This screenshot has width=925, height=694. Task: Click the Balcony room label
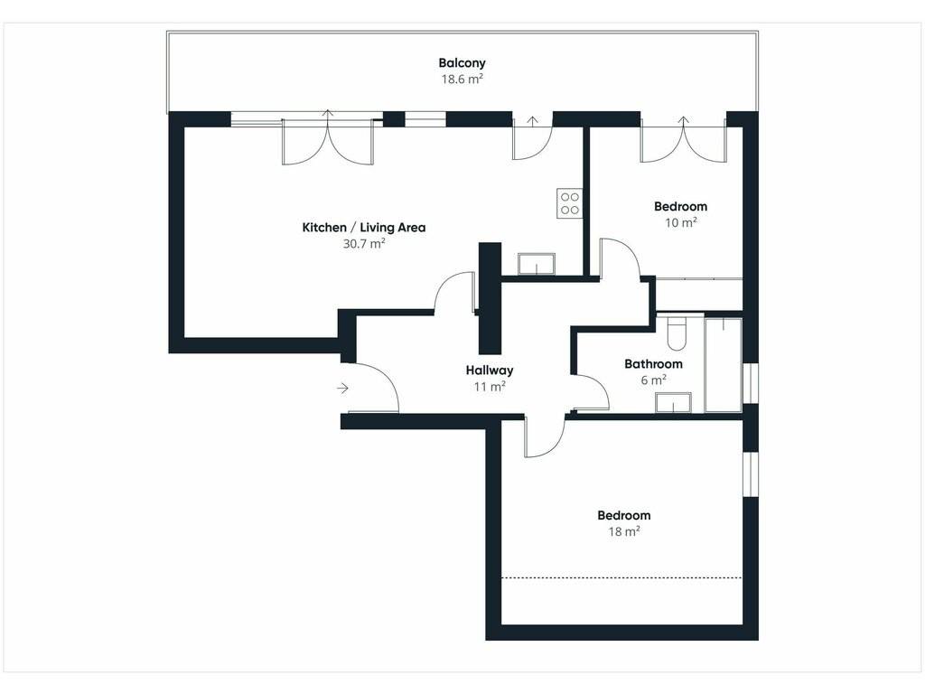tap(462, 62)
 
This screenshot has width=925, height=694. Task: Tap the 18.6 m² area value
tap(462, 80)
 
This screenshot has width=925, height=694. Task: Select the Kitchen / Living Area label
tap(363, 227)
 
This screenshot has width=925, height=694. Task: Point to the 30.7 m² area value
tap(364, 243)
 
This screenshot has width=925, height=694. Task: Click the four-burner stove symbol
tap(570, 203)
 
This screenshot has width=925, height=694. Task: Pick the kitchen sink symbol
tap(537, 264)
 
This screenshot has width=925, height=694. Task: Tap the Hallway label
tap(490, 370)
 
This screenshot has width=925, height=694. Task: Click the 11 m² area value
tap(490, 387)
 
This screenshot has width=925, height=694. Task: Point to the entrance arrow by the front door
tap(342, 389)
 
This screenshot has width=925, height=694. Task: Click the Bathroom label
tap(654, 364)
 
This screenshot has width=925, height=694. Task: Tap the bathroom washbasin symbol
tap(673, 402)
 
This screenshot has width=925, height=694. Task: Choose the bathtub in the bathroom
tap(724, 365)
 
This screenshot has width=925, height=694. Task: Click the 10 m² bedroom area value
tap(681, 222)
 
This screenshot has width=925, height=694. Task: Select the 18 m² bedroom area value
tap(624, 531)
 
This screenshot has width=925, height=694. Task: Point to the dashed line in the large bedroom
tap(621, 577)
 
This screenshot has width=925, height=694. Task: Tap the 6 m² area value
tap(654, 380)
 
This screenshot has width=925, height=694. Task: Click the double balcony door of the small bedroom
tap(683, 139)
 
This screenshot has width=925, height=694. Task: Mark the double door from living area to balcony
tap(328, 137)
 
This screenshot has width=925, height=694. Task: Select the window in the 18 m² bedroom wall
tap(750, 474)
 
